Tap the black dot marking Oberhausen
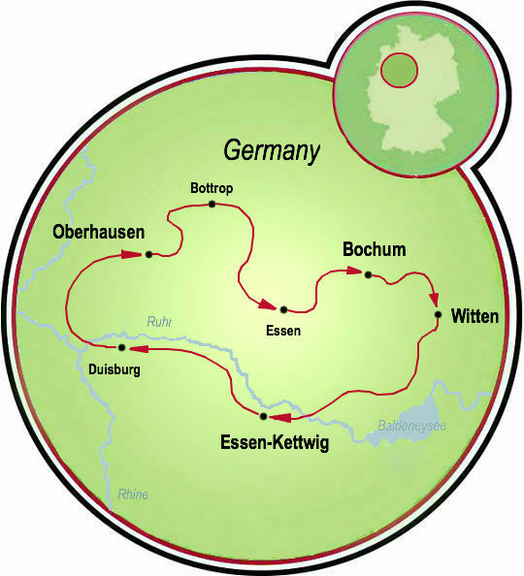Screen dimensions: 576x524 point(148,255)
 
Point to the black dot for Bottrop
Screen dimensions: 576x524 point(212,205)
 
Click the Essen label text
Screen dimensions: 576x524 point(282,331)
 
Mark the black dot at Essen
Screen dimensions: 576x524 point(283,309)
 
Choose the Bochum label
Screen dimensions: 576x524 point(374,250)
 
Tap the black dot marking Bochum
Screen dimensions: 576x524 point(367,274)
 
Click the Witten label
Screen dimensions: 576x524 point(475,316)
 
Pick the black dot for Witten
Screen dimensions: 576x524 point(439,314)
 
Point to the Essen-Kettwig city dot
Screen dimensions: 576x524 point(263,416)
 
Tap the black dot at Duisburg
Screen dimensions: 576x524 point(121,347)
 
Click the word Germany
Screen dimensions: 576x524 point(272,150)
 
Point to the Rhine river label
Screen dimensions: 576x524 point(133,495)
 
